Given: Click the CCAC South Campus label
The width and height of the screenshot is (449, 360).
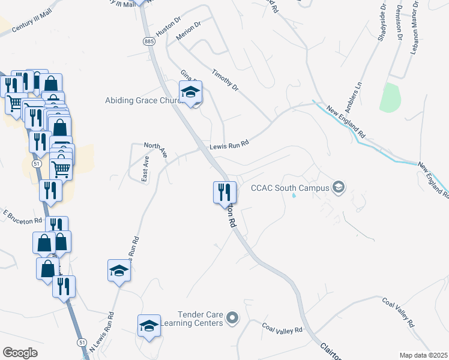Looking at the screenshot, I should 291,188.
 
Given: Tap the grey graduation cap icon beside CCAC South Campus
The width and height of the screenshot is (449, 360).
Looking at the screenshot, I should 339,188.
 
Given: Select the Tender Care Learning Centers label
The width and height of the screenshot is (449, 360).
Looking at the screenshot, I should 200,319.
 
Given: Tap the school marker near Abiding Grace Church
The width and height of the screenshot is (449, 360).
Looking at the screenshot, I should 191,93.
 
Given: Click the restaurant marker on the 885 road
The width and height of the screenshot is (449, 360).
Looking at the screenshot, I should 224,193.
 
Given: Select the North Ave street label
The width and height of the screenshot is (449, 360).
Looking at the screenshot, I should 155,149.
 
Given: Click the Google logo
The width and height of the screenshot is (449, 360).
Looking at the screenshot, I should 20,353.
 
